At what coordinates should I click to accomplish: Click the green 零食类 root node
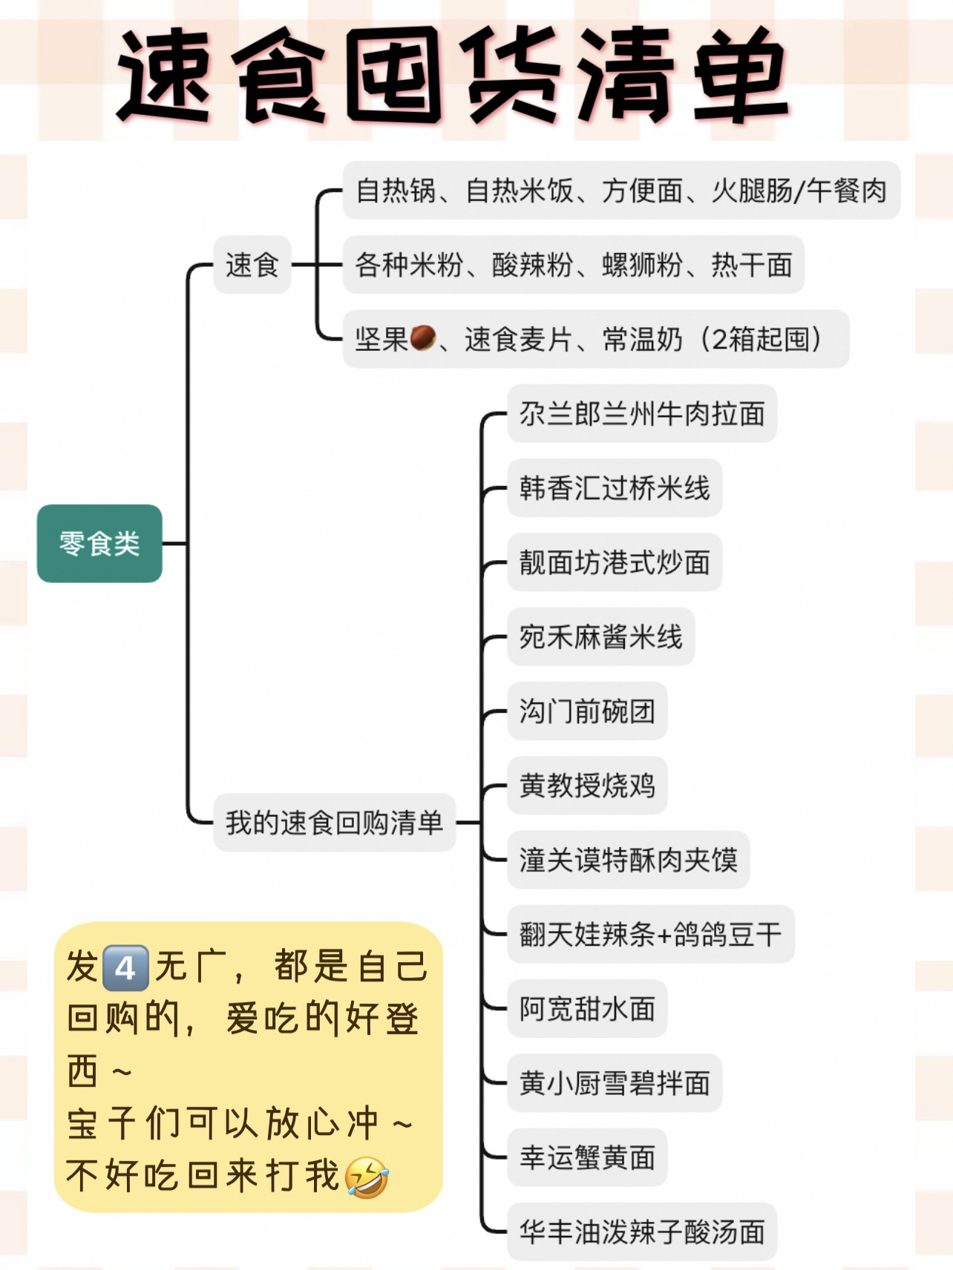click(x=99, y=544)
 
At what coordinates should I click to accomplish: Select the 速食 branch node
click(x=252, y=265)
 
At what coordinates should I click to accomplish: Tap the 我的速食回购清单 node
click(x=334, y=823)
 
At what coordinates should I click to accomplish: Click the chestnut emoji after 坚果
click(x=422, y=338)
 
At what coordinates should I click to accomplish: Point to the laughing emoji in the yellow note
click(x=367, y=1177)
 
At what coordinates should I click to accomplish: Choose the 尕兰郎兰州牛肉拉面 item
click(x=641, y=414)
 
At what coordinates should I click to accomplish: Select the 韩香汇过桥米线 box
click(x=614, y=488)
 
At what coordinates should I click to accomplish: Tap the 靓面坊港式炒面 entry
click(x=614, y=562)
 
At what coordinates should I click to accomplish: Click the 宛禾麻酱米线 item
click(x=600, y=637)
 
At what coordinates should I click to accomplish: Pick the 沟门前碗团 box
click(x=586, y=711)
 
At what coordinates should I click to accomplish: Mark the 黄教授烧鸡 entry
click(x=586, y=786)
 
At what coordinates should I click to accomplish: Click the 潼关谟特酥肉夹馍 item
click(x=628, y=860)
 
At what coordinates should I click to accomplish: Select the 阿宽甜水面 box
click(x=586, y=1009)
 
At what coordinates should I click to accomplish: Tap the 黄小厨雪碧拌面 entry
click(x=614, y=1083)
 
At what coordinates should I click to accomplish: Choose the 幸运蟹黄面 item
click(x=586, y=1157)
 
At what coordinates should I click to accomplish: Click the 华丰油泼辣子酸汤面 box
click(x=641, y=1232)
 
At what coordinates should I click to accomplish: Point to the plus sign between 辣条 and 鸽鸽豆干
click(x=664, y=935)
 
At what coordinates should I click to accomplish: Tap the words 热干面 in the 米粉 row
click(x=752, y=265)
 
